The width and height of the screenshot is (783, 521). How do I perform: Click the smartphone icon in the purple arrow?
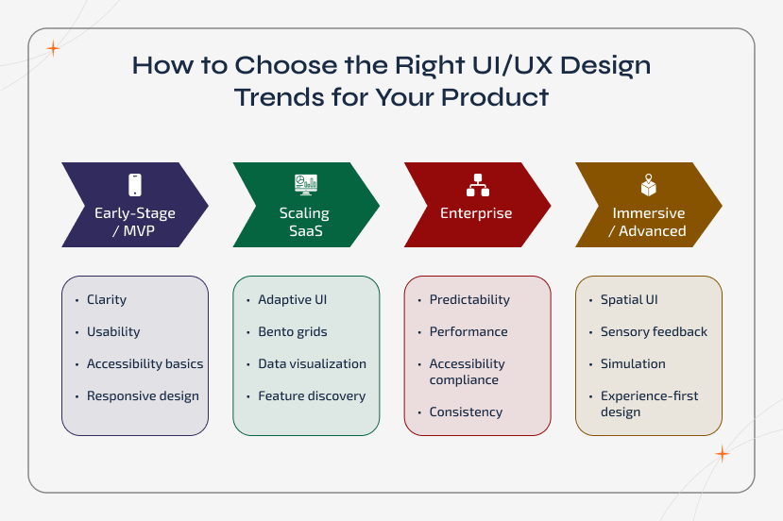[134, 185]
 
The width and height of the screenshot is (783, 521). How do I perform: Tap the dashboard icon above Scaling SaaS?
[305, 184]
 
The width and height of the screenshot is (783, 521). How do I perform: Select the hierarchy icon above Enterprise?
[477, 185]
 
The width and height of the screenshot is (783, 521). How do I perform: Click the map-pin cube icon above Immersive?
[648, 185]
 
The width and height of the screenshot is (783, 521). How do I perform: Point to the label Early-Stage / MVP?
[134, 222]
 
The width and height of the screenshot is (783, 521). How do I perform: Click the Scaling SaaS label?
[304, 222]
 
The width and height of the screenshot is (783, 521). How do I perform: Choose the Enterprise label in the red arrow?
[476, 213]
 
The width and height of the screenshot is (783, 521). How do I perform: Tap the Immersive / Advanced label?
[648, 222]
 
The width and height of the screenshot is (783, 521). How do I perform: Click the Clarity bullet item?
[106, 300]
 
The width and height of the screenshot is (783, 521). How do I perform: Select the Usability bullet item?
[113, 332]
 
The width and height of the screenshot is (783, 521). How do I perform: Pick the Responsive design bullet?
[143, 396]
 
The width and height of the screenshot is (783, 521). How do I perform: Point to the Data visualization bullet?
[312, 364]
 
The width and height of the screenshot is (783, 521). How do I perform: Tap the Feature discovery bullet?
[312, 396]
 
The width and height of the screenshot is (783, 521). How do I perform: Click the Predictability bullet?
[469, 300]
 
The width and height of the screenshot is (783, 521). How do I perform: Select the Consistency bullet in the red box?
[466, 412]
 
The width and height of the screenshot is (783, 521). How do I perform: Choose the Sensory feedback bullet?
[654, 332]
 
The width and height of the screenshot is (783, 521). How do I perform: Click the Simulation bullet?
[633, 364]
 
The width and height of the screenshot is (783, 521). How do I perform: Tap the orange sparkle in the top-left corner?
[53, 49]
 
